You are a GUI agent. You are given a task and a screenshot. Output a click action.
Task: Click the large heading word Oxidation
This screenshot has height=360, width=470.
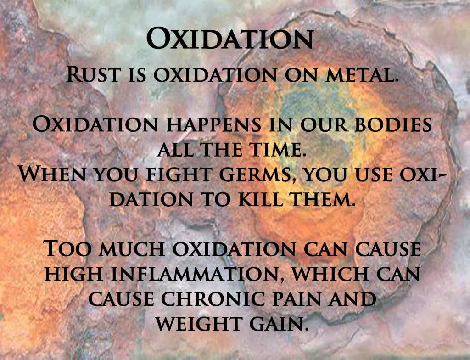[x=230, y=39]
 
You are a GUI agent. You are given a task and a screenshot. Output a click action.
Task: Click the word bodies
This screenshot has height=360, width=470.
[x=393, y=124]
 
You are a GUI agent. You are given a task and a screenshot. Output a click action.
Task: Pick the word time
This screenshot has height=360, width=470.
[x=279, y=149]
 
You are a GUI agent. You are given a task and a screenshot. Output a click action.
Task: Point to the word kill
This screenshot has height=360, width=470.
[x=261, y=199]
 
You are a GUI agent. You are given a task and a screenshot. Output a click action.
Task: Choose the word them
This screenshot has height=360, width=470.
[x=323, y=199]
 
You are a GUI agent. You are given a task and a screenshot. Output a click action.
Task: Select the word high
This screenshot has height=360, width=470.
[x=74, y=274]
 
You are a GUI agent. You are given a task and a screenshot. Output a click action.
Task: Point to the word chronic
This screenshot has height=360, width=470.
[x=213, y=299]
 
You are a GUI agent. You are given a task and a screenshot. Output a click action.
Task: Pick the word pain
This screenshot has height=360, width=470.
[x=297, y=299]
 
